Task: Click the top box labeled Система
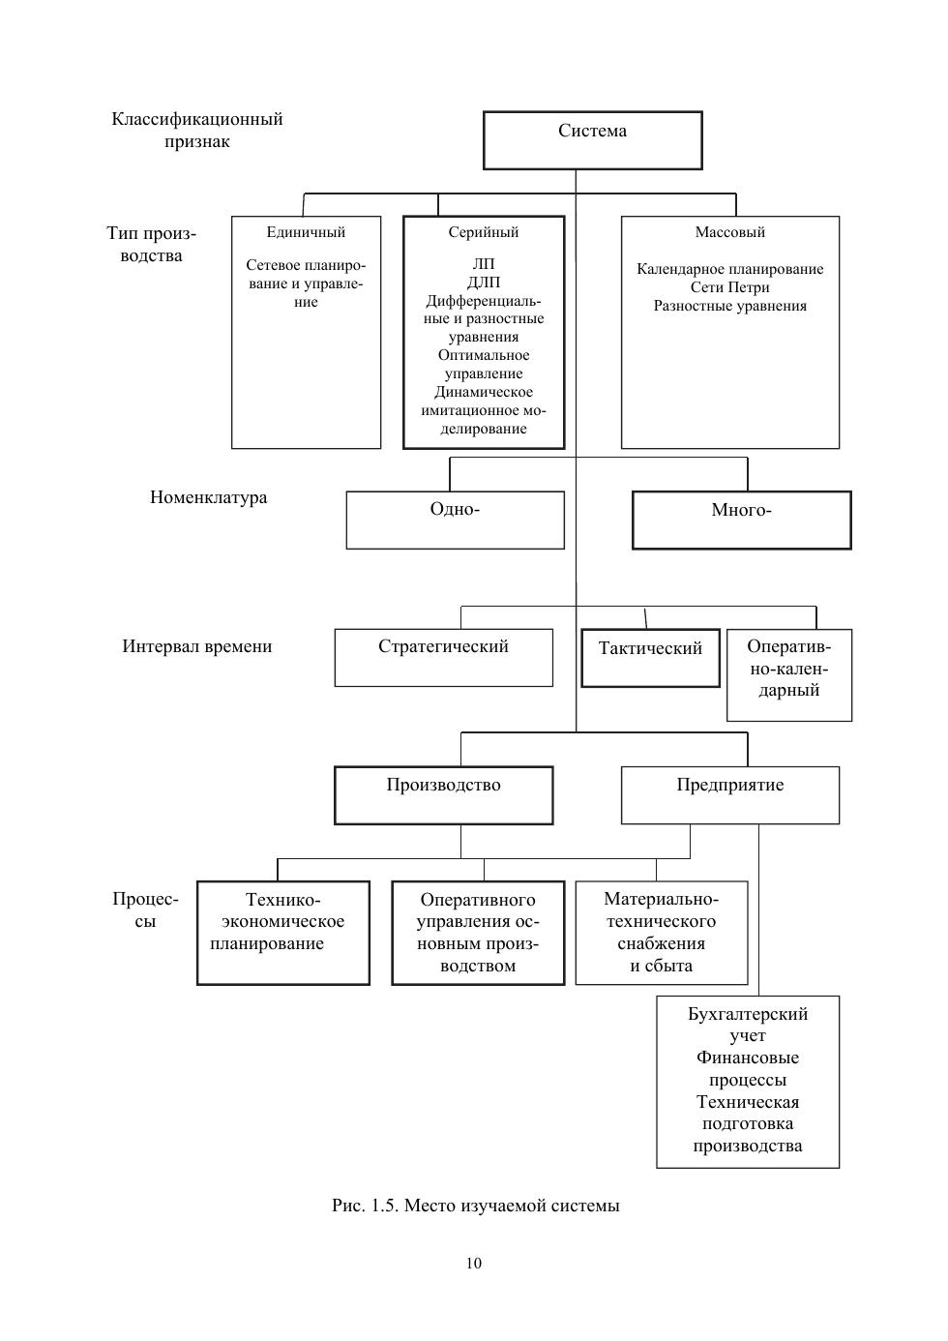point(592,140)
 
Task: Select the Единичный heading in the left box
point(306,232)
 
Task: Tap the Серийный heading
point(483,232)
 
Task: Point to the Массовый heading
point(729,232)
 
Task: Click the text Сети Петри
point(729,287)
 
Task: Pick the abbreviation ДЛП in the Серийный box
point(483,282)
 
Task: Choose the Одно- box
point(455,520)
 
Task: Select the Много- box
point(742,520)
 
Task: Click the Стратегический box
point(443,657)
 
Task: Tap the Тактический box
point(650,658)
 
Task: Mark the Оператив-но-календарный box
point(788,674)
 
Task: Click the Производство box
point(443,795)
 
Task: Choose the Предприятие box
point(730,795)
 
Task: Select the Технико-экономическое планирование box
point(283,933)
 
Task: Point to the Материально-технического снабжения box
point(662,933)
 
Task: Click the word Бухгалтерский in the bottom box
point(748,1014)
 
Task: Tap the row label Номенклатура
point(208,497)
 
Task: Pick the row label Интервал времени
point(197,646)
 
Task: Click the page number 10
point(473,1264)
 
